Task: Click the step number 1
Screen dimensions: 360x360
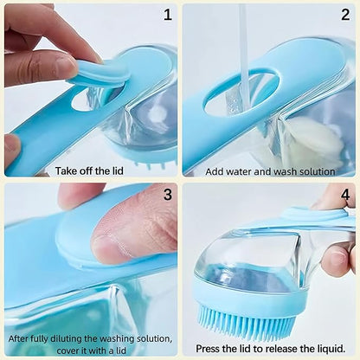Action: [167, 15]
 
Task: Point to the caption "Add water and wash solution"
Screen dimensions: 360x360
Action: [270, 170]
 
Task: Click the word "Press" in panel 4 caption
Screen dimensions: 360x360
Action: [210, 349]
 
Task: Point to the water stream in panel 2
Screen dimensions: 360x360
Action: [245, 52]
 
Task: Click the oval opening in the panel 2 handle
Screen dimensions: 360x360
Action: [241, 92]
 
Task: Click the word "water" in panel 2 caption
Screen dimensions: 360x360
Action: [244, 170]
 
